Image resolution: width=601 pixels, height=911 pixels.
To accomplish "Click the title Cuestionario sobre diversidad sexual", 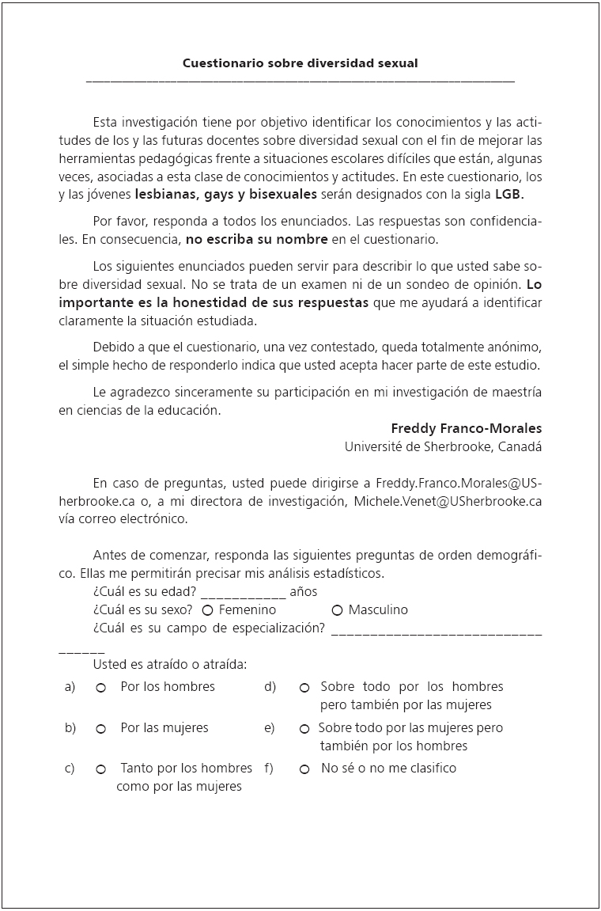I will click(300, 63).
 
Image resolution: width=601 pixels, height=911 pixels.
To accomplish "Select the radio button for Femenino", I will click(207, 610).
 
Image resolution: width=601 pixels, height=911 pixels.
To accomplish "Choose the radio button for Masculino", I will click(337, 610).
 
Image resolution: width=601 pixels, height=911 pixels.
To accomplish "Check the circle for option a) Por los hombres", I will click(101, 688).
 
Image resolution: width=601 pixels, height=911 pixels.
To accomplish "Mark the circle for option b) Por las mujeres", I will click(101, 729).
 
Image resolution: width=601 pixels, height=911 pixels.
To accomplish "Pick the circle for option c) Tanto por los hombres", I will click(101, 769).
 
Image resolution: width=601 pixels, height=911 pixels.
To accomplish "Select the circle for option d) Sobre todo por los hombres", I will click(304, 688).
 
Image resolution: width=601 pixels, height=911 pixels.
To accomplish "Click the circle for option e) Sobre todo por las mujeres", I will click(304, 729).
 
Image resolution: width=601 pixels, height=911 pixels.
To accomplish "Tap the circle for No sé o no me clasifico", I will click(304, 769).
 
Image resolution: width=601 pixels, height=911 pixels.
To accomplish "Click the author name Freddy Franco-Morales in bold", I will click(467, 428).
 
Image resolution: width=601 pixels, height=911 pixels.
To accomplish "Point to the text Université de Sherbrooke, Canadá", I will click(443, 446).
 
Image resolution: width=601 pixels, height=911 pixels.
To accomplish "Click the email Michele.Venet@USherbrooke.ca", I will click(448, 501).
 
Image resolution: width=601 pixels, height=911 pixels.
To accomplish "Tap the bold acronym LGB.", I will click(509, 194).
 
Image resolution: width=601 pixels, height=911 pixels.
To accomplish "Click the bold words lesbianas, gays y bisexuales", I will click(226, 194).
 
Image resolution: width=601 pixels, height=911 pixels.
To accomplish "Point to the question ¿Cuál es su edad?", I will click(145, 591).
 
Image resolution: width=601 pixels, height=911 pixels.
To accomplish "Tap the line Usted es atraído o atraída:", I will click(170, 664).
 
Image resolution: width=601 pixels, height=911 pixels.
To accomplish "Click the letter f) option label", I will click(269, 768).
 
